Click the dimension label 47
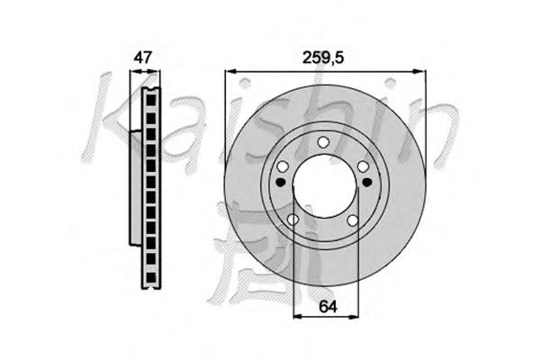142,58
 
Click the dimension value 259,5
323,58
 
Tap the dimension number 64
328,306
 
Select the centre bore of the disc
326,186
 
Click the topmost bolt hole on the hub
323,142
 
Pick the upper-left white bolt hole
283,166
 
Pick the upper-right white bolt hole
363,166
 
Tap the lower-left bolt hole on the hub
292,220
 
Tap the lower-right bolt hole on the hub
352,220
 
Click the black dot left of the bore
282,182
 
